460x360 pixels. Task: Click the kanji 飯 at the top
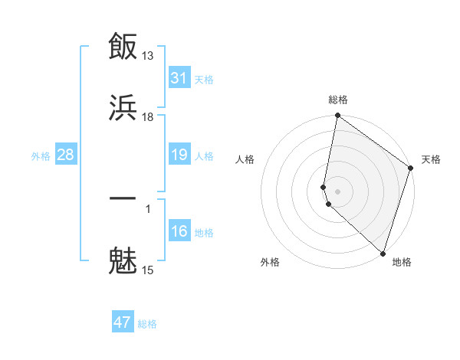tap(123, 47)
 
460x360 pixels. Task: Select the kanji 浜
tap(123, 108)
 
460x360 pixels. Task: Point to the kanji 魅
tap(123, 260)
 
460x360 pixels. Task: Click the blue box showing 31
tap(179, 78)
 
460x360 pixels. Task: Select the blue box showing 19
tap(179, 155)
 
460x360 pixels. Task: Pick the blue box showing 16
tap(179, 231)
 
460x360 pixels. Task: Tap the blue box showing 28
tap(66, 155)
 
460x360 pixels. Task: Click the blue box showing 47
tap(123, 322)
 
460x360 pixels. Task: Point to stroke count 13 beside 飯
tap(148, 56)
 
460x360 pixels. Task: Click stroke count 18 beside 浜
tap(148, 117)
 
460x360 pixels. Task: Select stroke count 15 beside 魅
tap(148, 270)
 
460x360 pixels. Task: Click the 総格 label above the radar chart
tap(338, 100)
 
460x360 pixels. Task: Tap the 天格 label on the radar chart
tap(431, 160)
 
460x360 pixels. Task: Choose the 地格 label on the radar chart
tap(402, 262)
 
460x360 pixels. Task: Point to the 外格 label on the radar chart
tap(270, 262)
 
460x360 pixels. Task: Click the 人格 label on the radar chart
tap(245, 160)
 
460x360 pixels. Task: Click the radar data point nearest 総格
tap(337, 116)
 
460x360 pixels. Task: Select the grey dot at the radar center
tap(337, 191)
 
